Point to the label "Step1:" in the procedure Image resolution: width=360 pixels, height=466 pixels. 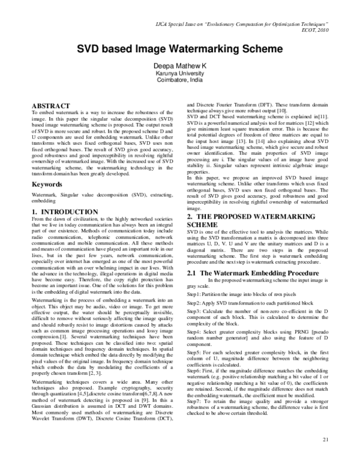[x=196, y=296]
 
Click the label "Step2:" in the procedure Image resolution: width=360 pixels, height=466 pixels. [x=196, y=304]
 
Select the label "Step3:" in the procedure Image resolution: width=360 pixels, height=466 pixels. [x=196, y=313]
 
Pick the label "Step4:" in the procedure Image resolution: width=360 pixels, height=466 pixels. [x=196, y=331]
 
